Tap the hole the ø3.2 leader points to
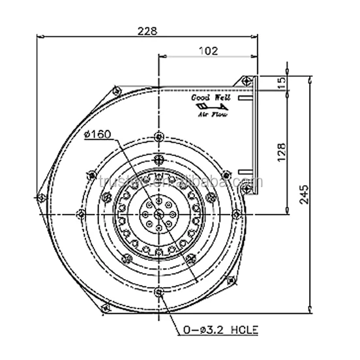pos(159,291)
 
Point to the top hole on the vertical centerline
pos(159,136)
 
